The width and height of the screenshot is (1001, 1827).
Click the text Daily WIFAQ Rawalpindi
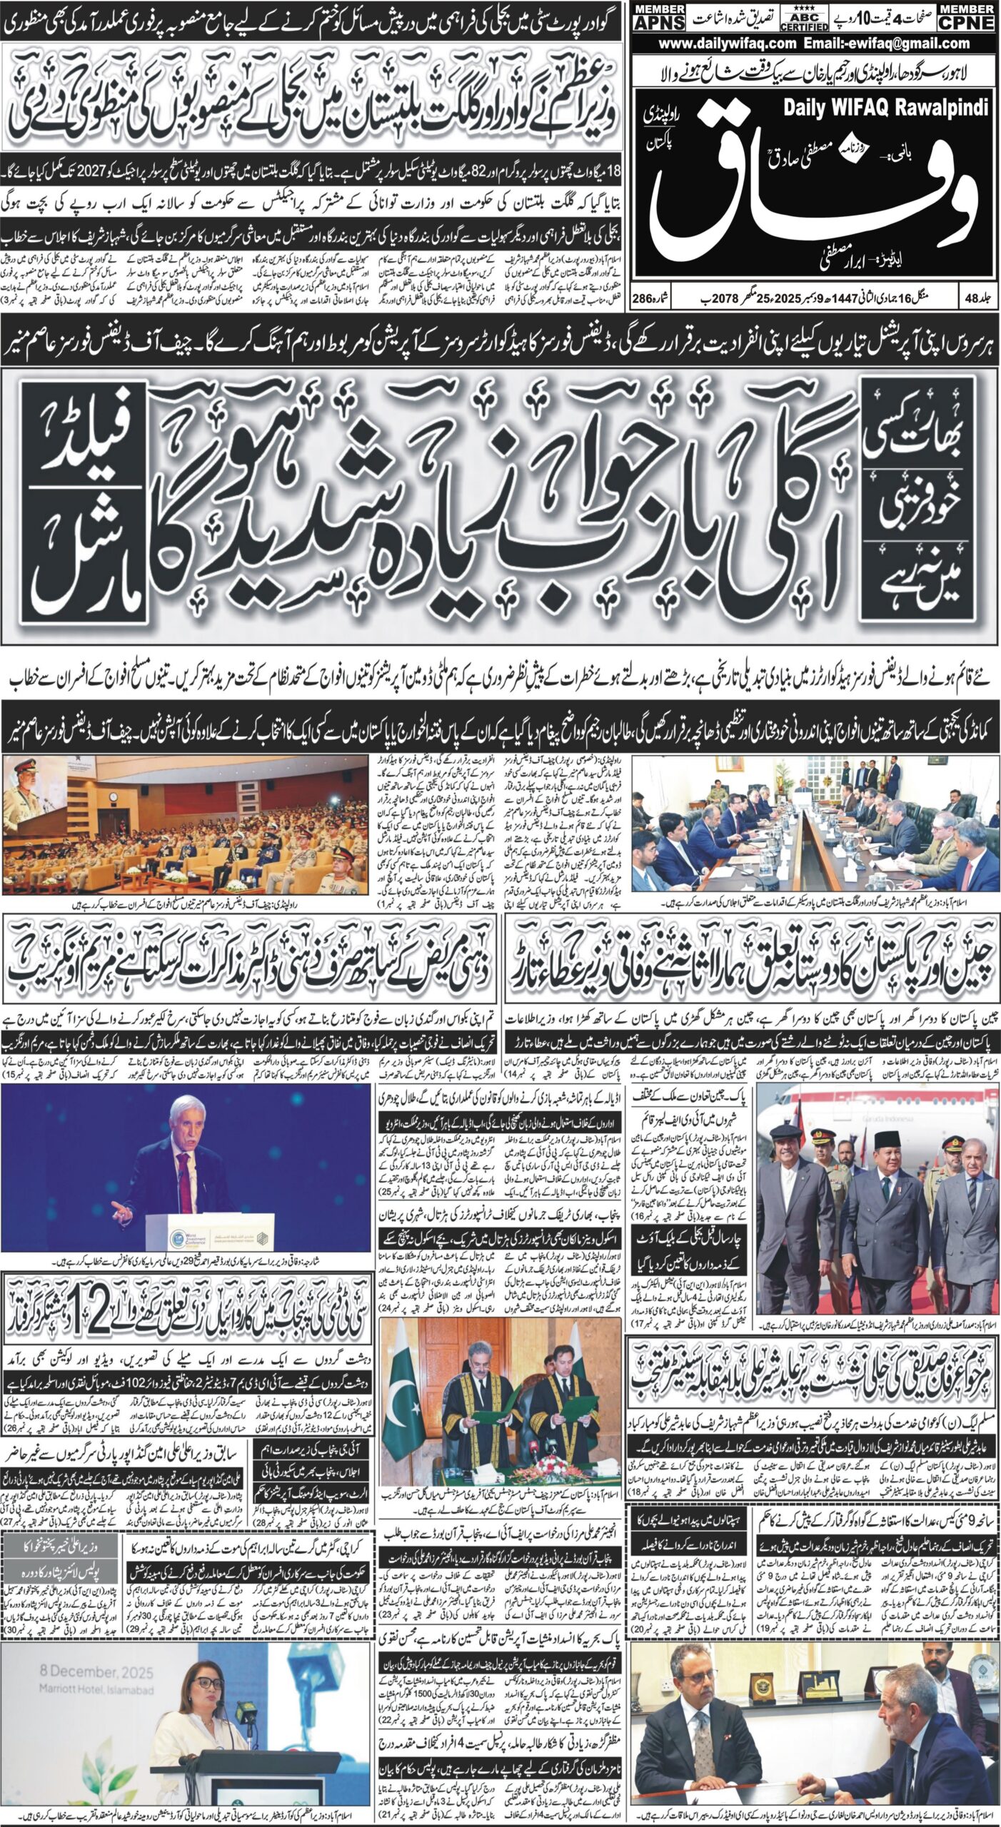pos(885,108)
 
